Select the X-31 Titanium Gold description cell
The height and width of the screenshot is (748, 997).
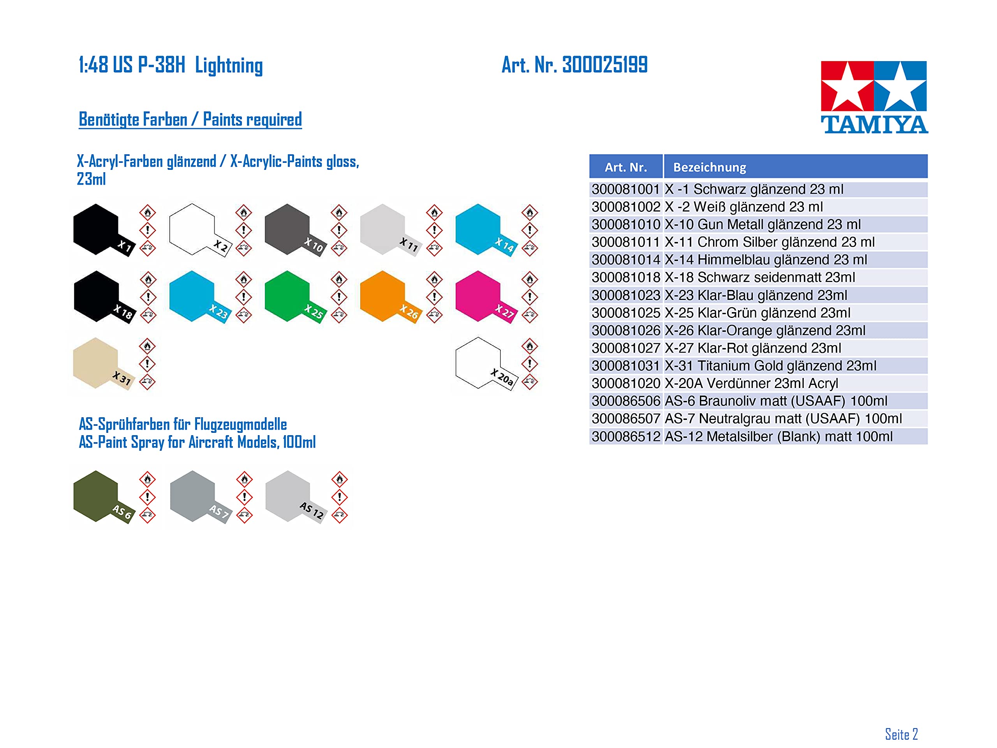click(796, 366)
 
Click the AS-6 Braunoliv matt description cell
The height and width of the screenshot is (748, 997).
click(796, 401)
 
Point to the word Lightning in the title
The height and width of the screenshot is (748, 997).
click(229, 66)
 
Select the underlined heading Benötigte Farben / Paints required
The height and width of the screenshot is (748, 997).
click(190, 120)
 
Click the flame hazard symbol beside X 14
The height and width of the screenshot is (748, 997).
click(530, 212)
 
